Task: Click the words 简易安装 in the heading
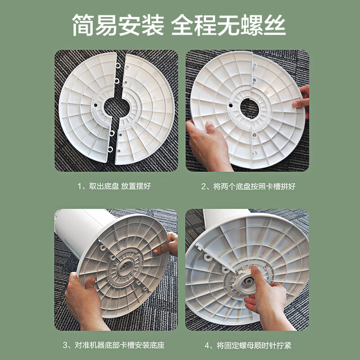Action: pyautogui.click(x=117, y=27)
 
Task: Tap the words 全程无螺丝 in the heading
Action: pyautogui.click(x=229, y=27)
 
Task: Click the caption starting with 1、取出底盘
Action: pyautogui.click(x=114, y=186)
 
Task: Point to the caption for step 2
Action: pyautogui.click(x=248, y=186)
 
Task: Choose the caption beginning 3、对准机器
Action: pyautogui.click(x=114, y=346)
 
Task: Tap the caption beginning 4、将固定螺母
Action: pyautogui.click(x=248, y=346)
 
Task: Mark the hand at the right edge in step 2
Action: pyautogui.click(x=303, y=101)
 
